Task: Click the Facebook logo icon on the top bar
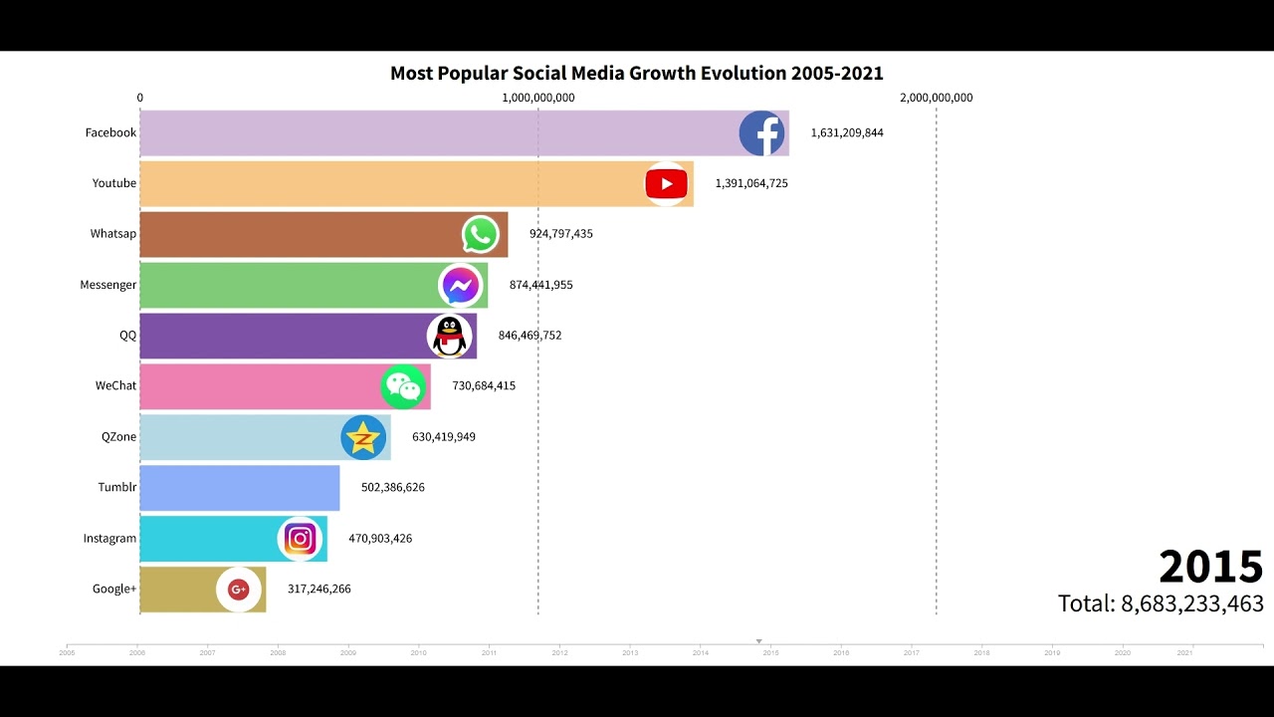[x=761, y=133]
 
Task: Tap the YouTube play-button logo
[x=666, y=183]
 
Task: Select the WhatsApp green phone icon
[x=481, y=235]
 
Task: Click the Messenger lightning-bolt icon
[x=460, y=286]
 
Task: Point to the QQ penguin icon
[x=450, y=337]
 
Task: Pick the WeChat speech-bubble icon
[x=403, y=387]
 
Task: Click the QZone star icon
[x=363, y=438]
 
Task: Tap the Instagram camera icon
[x=300, y=539]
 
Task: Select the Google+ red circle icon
[x=239, y=590]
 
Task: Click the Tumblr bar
[x=239, y=488]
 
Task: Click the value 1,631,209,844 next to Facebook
[x=846, y=133]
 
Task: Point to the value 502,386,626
[x=392, y=488]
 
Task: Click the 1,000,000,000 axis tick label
[x=538, y=98]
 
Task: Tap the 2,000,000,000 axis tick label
[x=936, y=98]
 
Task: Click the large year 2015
[x=1210, y=567]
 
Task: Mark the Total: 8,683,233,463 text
[x=1161, y=603]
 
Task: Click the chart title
[x=636, y=74]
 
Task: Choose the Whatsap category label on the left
[x=113, y=234]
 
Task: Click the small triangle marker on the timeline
[x=759, y=641]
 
